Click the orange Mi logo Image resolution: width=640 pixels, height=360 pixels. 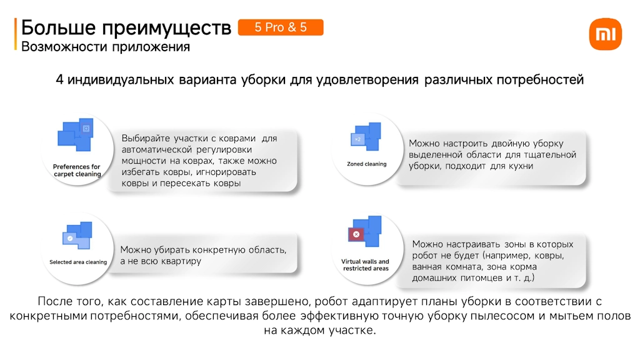point(605,34)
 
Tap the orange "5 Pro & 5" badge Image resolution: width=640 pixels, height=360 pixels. point(281,27)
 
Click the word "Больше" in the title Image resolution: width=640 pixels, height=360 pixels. point(58,27)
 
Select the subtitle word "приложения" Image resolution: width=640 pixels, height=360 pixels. point(151,47)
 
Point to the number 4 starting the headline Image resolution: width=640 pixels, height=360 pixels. point(59,79)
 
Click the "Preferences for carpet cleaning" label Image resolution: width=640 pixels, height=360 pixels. point(77,170)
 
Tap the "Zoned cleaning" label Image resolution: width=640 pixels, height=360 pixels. point(366,164)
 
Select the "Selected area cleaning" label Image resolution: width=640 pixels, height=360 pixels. point(78,262)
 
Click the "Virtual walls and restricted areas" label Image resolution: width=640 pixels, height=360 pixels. point(365,265)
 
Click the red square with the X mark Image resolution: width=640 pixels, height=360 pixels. point(356,234)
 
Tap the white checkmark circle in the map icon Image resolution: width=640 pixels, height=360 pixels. point(70,238)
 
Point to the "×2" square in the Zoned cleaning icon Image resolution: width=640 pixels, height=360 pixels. point(358,139)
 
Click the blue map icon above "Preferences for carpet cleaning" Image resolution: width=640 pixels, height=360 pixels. point(76,135)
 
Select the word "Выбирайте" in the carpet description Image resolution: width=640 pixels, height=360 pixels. point(145,138)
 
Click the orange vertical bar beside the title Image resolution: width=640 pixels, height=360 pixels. point(16,34)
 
